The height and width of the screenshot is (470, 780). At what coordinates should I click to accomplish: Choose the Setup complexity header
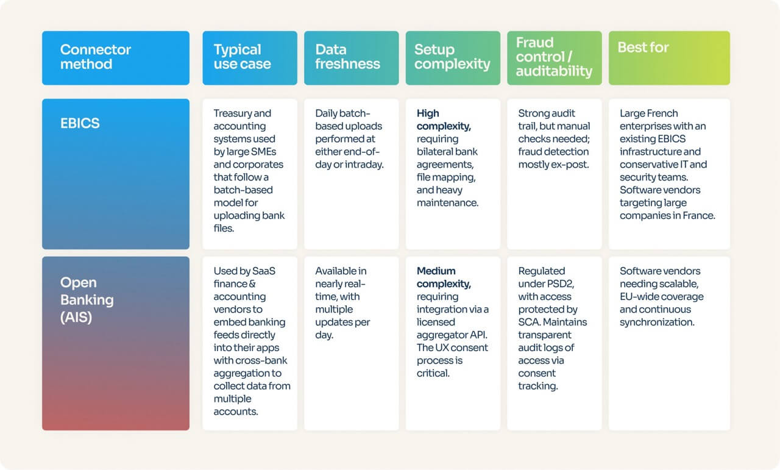tap(452, 57)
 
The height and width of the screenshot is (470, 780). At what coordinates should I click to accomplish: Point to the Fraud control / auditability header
tap(553, 57)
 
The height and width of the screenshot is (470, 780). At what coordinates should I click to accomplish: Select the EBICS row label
tap(80, 123)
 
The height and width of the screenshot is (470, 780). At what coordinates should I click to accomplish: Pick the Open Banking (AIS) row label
tap(87, 300)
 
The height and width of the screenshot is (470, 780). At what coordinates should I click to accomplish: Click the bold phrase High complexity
tap(444, 119)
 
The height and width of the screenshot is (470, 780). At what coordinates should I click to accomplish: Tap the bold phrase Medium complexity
tap(444, 277)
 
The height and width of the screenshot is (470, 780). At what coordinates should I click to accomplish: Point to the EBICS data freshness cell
tap(350, 139)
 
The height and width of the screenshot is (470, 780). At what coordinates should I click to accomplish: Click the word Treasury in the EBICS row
tap(233, 113)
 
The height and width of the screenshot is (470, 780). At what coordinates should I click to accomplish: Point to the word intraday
tap(364, 165)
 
